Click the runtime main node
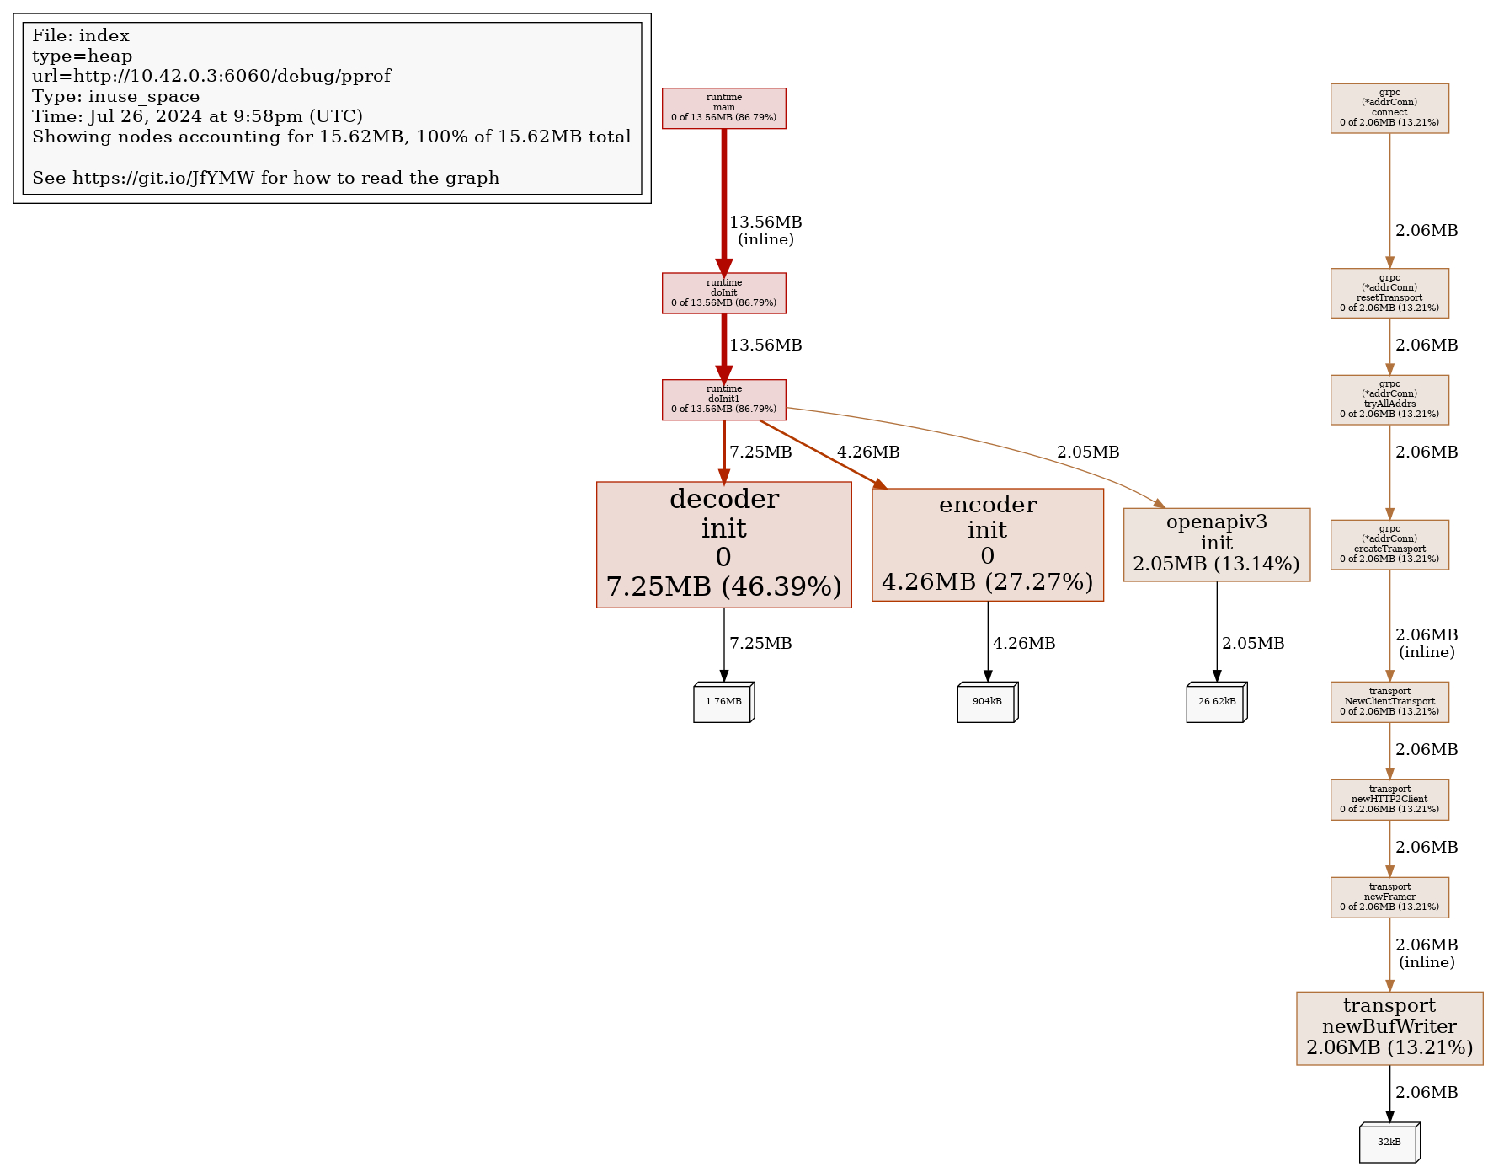tap(723, 108)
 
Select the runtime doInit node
tap(723, 292)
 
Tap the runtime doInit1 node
tap(723, 399)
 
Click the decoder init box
tap(723, 544)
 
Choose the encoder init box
tap(987, 544)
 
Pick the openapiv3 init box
tap(1216, 544)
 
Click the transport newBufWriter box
tap(1389, 1027)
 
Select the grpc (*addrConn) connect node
tap(1389, 108)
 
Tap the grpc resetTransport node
tap(1389, 292)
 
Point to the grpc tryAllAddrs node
tap(1389, 399)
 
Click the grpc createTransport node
tap(1389, 544)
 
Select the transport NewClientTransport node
tap(1389, 702)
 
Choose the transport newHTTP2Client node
tap(1389, 800)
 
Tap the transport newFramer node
tap(1389, 897)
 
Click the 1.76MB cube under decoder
tap(723, 702)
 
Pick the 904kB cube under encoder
tap(986, 702)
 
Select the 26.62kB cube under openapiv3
tap(1216, 702)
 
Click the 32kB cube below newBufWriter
tap(1389, 1143)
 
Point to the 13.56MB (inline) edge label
tap(765, 230)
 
